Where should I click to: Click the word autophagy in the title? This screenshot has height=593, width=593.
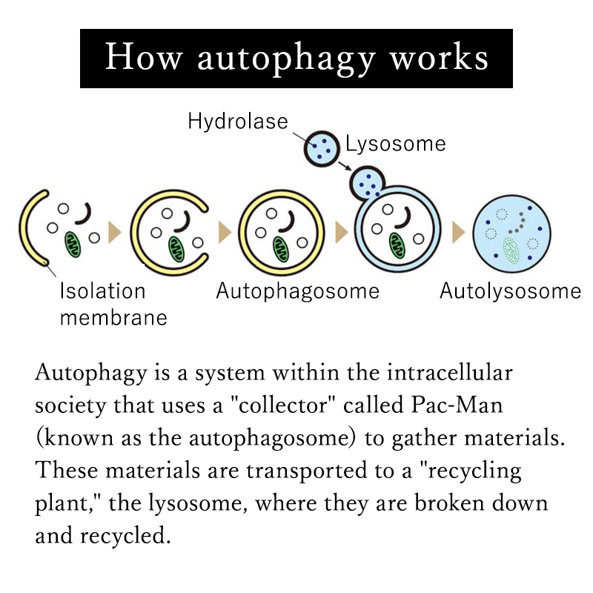[x=286, y=59]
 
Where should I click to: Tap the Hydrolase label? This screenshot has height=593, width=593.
[x=238, y=122]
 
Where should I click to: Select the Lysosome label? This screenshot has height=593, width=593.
[x=396, y=144]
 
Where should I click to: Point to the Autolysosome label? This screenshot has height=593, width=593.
[x=510, y=291]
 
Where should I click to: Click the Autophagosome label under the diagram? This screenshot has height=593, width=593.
[x=298, y=291]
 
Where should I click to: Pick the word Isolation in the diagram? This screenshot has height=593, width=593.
[x=102, y=291]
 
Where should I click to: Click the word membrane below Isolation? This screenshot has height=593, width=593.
[x=113, y=318]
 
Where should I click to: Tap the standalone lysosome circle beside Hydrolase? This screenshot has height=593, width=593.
[x=322, y=149]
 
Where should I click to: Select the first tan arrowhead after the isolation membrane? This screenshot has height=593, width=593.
[x=115, y=232]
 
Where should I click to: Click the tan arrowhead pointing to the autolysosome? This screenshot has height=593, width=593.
[x=458, y=232]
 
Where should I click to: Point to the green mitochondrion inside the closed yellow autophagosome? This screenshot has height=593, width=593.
[x=281, y=249]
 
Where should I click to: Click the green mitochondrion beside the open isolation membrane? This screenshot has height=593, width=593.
[x=73, y=245]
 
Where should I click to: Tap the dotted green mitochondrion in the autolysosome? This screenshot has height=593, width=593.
[x=511, y=251]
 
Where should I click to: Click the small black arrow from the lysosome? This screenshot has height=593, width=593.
[x=345, y=166]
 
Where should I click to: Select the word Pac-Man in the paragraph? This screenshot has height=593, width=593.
[x=457, y=405]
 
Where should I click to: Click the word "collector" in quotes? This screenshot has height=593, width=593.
[x=283, y=405]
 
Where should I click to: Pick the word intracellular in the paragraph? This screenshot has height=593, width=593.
[x=450, y=373]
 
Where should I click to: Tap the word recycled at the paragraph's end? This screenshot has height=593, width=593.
[x=125, y=535]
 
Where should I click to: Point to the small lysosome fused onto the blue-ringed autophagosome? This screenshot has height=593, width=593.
[x=366, y=183]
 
